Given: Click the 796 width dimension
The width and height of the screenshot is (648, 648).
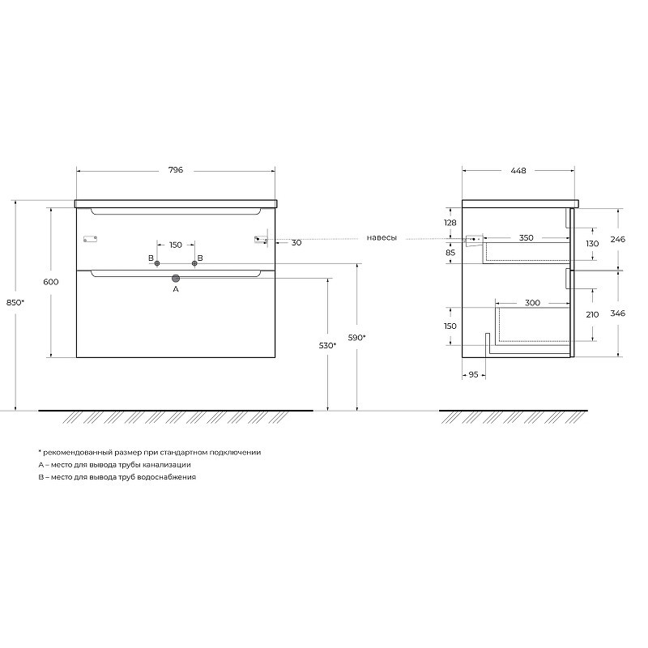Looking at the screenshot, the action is [176, 170].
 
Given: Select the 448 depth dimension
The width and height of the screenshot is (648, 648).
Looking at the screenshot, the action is [518, 170].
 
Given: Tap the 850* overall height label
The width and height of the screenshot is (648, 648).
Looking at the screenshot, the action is [15, 302].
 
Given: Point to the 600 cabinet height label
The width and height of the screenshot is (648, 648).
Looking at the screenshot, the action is [51, 282].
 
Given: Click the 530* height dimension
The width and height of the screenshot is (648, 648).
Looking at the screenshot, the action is [327, 346].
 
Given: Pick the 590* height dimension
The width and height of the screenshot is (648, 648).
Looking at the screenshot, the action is [356, 338].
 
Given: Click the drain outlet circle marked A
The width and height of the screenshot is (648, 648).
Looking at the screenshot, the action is [176, 278].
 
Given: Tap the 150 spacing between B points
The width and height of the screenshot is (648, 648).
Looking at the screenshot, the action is [176, 245].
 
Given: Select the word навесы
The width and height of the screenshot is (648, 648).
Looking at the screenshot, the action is [382, 238].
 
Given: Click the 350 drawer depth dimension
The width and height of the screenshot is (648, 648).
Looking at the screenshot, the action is [526, 237].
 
